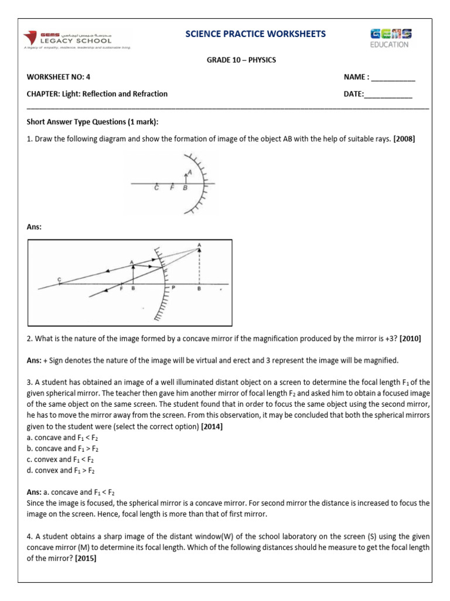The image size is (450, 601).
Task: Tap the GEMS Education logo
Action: coord(390,38)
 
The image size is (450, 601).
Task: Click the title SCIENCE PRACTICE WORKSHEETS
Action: coord(255,34)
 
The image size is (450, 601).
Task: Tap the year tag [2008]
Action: coord(404,139)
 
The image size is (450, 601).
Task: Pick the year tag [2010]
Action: coord(408,339)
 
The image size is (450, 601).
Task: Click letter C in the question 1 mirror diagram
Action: coord(156,188)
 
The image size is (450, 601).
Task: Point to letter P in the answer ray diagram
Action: coord(173,289)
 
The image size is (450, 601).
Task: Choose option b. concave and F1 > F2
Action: coord(61,448)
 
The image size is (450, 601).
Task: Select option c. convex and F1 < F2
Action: coord(60,460)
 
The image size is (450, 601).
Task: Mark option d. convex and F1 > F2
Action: coord(60,470)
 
